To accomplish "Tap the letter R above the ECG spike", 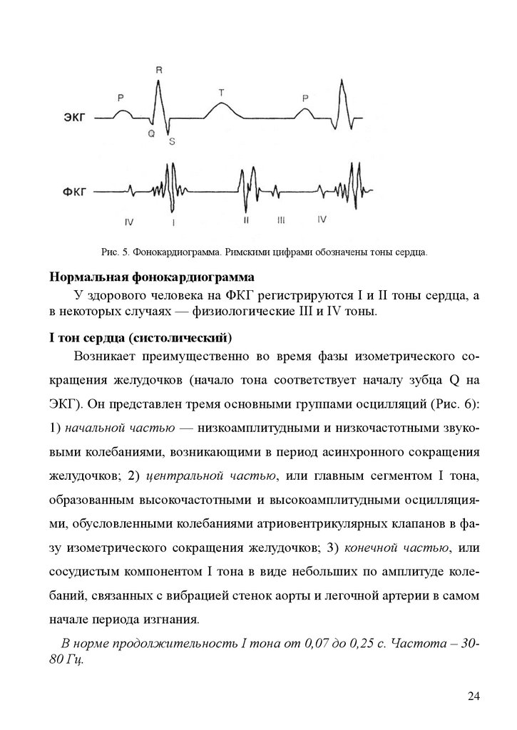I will pyautogui.click(x=158, y=70).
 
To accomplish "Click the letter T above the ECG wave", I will pyautogui.click(x=221, y=93).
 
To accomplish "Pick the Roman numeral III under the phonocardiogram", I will pyautogui.click(x=281, y=221).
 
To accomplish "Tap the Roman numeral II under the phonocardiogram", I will pyautogui.click(x=245, y=221).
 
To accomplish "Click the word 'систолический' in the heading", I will pyautogui.click(x=190, y=336).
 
